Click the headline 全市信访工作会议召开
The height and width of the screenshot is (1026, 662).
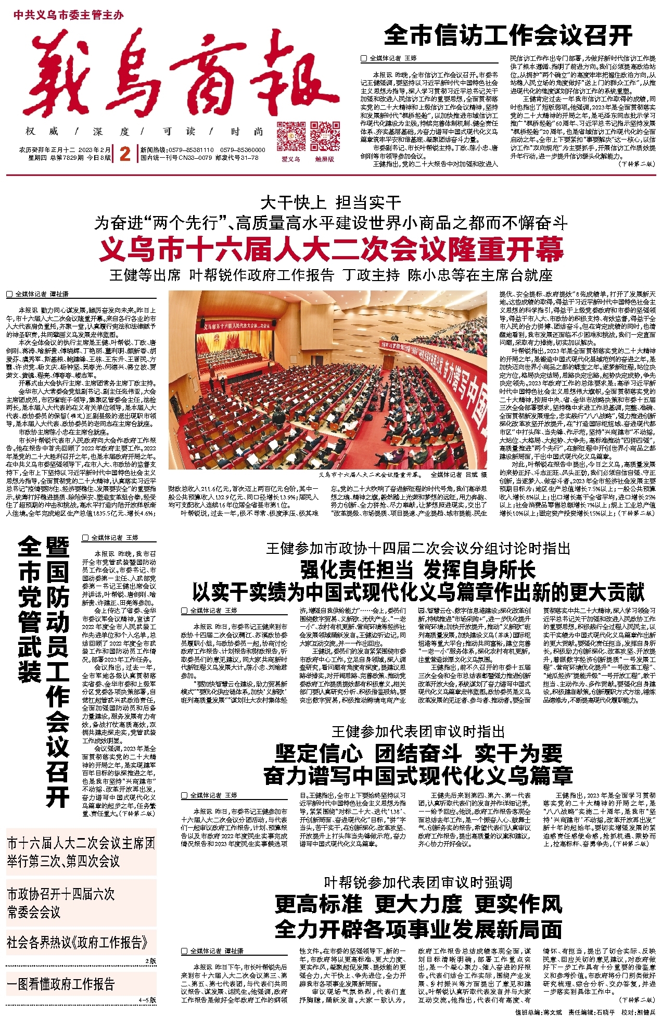coord(508,35)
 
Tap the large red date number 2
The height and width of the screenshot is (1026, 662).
coord(125,154)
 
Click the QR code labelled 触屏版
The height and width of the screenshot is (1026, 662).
coord(325,136)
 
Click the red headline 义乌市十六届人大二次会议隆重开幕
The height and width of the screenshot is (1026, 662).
coord(331,249)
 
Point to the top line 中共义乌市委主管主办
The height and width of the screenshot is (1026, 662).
coord(69,15)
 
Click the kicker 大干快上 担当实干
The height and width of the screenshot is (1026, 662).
coord(331,202)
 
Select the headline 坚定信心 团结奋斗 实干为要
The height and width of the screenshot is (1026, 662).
coord(418,753)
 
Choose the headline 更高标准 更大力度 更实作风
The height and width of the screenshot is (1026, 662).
coord(418,904)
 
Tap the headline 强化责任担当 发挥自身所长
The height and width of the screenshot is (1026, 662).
coord(418,569)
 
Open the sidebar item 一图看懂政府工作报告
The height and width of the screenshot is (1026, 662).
coord(61,984)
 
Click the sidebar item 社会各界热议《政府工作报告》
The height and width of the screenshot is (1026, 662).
coord(77,942)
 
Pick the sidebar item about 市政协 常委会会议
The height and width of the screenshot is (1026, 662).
coord(61,903)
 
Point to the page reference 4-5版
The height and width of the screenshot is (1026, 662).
coord(147,1000)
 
